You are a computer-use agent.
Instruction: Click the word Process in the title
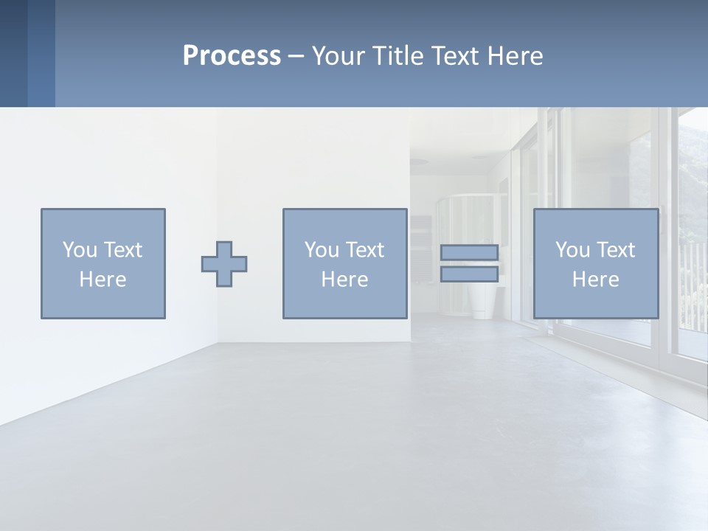coord(232,56)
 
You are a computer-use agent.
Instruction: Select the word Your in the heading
coord(339,56)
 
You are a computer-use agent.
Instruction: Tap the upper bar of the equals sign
coord(469,252)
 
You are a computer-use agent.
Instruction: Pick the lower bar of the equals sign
coord(469,274)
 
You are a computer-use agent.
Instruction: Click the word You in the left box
coord(80,250)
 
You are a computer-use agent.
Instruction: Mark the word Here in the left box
coord(103,280)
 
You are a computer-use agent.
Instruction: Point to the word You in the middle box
coord(322,250)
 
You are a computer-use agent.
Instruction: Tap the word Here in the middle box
coord(344,280)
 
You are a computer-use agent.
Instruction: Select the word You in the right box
coord(572,250)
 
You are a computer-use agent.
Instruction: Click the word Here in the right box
coord(595,280)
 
